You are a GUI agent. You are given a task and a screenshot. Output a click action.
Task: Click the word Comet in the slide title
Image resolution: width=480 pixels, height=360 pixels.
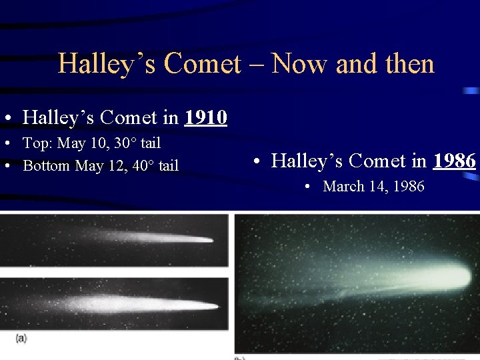click(x=202, y=64)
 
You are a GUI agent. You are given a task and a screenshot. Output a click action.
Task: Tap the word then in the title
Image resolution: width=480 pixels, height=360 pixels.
click(x=409, y=64)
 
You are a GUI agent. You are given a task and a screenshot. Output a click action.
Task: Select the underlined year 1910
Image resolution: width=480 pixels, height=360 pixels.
click(x=206, y=118)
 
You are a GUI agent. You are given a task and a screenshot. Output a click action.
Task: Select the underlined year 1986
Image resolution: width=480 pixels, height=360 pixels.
click(x=455, y=161)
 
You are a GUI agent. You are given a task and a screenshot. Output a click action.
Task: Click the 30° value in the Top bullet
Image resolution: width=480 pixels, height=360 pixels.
click(x=121, y=143)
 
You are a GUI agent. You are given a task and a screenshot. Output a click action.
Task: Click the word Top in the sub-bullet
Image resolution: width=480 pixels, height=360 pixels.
click(x=37, y=143)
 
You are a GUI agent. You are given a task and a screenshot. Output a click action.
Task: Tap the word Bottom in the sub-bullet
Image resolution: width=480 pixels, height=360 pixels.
click(x=47, y=165)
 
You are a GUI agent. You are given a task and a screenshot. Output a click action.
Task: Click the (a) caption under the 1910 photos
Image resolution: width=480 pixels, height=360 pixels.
click(x=21, y=339)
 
